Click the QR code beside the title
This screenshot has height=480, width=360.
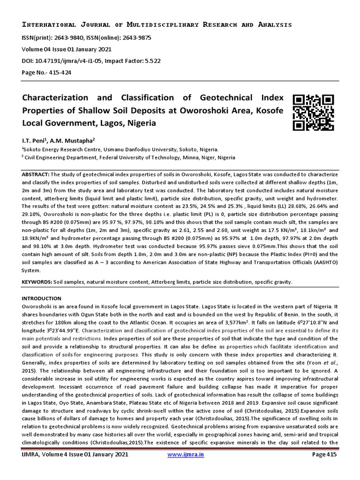click(x=313, y=112)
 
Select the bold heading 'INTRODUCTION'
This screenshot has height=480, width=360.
click(x=42, y=298)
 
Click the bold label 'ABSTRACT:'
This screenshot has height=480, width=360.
click(x=36, y=173)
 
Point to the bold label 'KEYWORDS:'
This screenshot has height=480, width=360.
click(x=37, y=282)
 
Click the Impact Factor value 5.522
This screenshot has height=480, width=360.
click(x=164, y=60)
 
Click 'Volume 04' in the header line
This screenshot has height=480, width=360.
click(x=37, y=49)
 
